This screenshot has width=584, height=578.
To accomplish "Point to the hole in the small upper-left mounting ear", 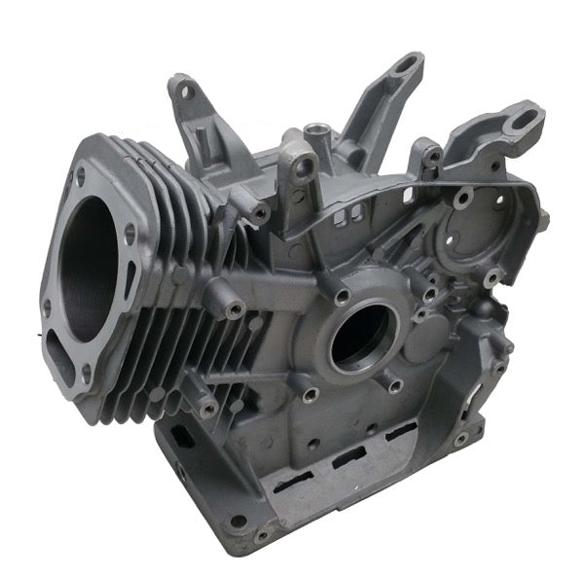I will tap(187, 93).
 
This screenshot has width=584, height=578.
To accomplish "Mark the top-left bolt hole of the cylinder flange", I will tap(79, 176).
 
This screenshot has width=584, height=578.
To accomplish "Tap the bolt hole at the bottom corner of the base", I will tap(260, 534).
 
